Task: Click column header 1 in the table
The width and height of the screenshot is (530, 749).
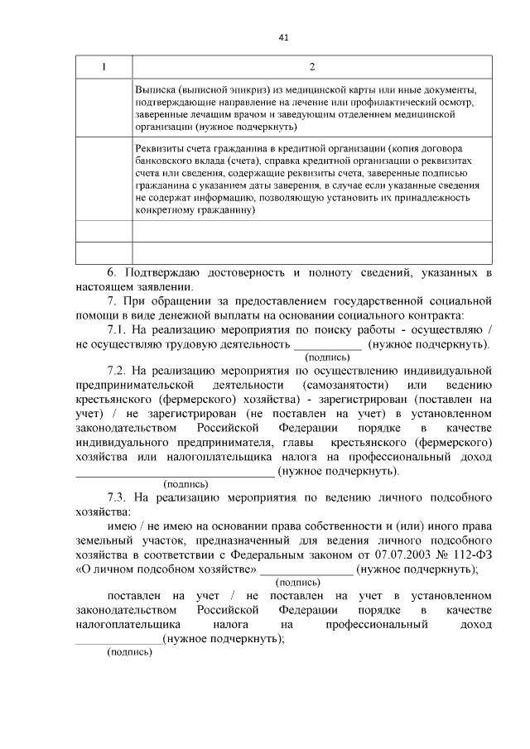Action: coord(104,67)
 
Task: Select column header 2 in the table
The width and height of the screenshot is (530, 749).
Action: coord(311,67)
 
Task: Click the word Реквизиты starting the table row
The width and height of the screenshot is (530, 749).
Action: coord(161,147)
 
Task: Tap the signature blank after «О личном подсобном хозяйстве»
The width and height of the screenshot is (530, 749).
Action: coord(306,572)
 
